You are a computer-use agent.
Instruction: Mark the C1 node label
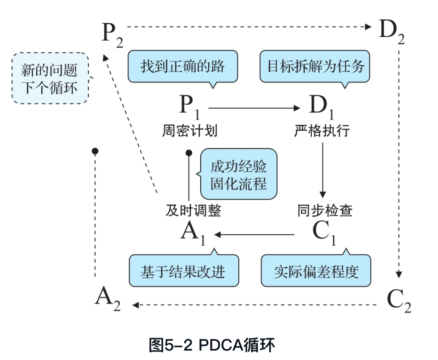tap(324, 233)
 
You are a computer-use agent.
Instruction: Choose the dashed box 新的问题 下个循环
tap(49, 78)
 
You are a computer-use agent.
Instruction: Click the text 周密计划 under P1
tap(189, 131)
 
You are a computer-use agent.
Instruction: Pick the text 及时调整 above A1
tap(193, 210)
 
